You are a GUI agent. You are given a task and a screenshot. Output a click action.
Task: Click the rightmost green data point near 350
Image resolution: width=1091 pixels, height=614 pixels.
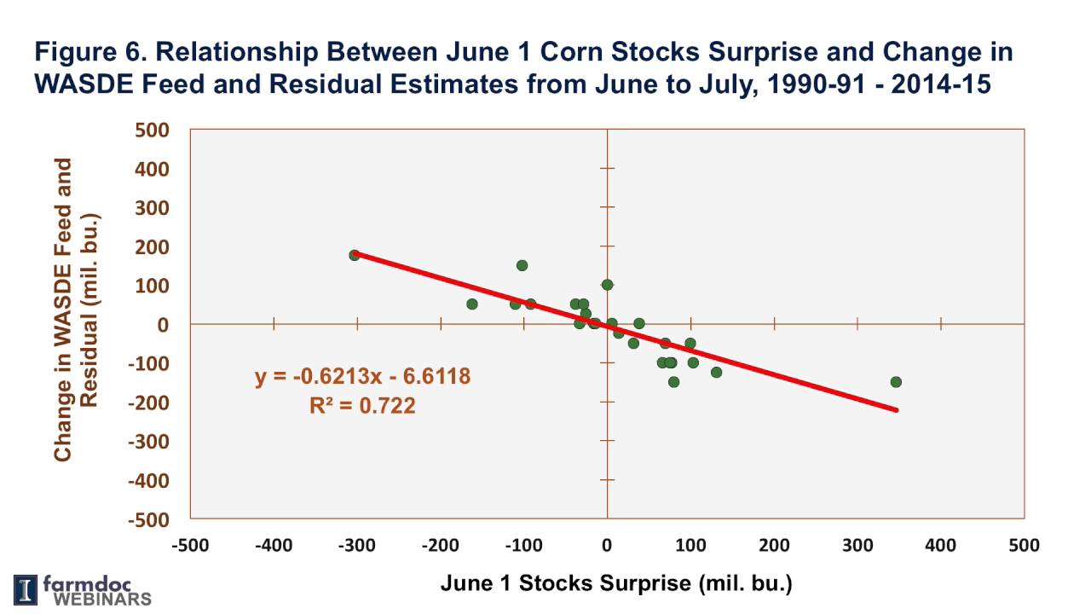(896, 382)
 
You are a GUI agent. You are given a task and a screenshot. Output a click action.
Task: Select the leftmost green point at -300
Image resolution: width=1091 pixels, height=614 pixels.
(355, 255)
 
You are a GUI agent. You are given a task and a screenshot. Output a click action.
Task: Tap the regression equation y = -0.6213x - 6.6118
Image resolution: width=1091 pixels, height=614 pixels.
(362, 376)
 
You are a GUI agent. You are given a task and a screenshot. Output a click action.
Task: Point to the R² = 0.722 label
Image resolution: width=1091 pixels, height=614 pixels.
(362, 406)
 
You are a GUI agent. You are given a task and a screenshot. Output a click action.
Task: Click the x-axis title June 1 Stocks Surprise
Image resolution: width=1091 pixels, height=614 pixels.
(616, 584)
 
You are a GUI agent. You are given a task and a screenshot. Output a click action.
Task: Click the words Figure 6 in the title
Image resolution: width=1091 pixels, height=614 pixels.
(86, 53)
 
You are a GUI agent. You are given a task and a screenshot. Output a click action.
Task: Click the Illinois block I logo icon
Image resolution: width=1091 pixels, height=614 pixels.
(26, 589)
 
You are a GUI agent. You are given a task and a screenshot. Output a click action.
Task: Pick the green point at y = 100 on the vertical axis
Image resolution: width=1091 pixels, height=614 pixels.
(607, 285)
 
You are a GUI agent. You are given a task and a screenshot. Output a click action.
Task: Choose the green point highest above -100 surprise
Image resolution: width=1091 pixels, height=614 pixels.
(522, 265)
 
